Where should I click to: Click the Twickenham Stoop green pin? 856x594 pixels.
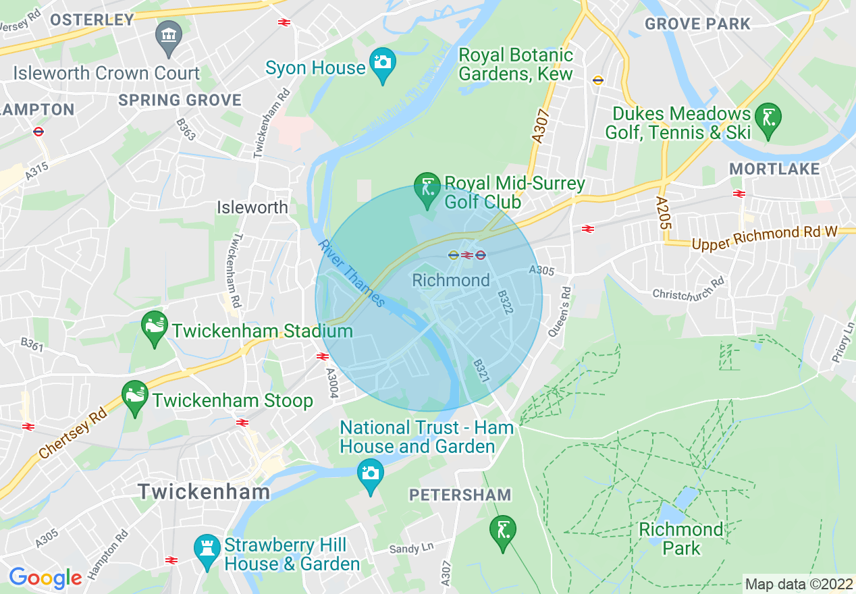pyautogui.click(x=134, y=398)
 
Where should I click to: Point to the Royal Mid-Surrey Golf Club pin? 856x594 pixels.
pyautogui.click(x=427, y=190)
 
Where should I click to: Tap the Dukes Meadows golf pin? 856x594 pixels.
pyautogui.click(x=768, y=119)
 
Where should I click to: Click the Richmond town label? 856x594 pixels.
pyautogui.click(x=451, y=280)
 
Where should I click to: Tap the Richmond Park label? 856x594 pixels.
pyautogui.click(x=681, y=539)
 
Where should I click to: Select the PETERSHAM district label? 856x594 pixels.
pyautogui.click(x=460, y=495)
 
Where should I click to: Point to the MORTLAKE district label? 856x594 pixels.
pyautogui.click(x=774, y=169)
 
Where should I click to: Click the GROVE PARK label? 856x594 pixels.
pyautogui.click(x=697, y=24)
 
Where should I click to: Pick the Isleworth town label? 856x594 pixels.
pyautogui.click(x=252, y=207)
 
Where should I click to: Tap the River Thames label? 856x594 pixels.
pyautogui.click(x=352, y=273)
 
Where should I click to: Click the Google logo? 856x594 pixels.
pyautogui.click(x=45, y=578)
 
